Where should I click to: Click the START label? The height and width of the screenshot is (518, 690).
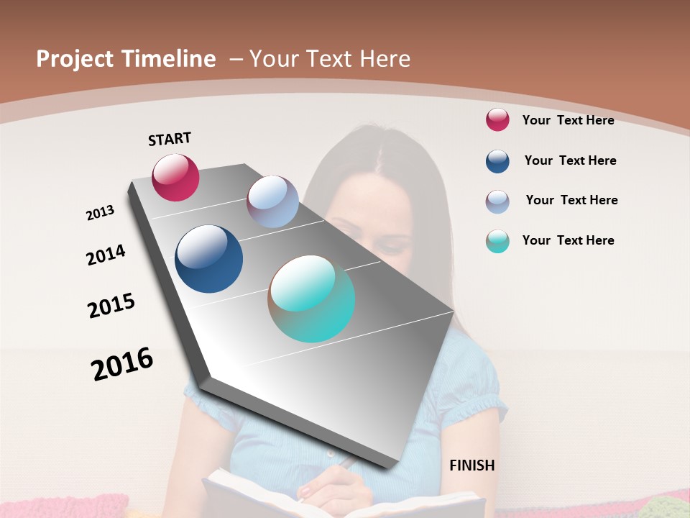170,139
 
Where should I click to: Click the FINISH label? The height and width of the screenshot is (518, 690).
471,465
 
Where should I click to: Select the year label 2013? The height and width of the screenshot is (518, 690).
100,213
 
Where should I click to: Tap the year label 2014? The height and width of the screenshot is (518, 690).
106,255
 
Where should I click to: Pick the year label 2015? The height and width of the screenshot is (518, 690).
111,306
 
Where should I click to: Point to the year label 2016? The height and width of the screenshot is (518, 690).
122,363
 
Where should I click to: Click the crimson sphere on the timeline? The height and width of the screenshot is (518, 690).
175,177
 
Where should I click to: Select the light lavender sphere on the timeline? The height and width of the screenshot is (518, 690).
272,201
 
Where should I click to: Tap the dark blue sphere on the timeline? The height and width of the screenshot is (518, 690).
208,259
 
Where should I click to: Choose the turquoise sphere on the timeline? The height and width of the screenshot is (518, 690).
311,298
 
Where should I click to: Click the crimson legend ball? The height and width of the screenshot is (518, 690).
497,120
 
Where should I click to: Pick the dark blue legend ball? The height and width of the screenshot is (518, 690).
497,161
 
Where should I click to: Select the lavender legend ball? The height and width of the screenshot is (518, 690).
497,201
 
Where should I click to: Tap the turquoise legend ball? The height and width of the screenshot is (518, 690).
497,241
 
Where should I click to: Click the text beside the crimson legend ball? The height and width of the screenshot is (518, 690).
568,120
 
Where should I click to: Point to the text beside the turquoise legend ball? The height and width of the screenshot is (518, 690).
568,240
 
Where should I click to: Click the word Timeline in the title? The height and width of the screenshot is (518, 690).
170,59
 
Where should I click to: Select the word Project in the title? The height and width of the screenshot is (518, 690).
75,59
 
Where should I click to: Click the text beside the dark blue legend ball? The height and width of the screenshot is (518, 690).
570,160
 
